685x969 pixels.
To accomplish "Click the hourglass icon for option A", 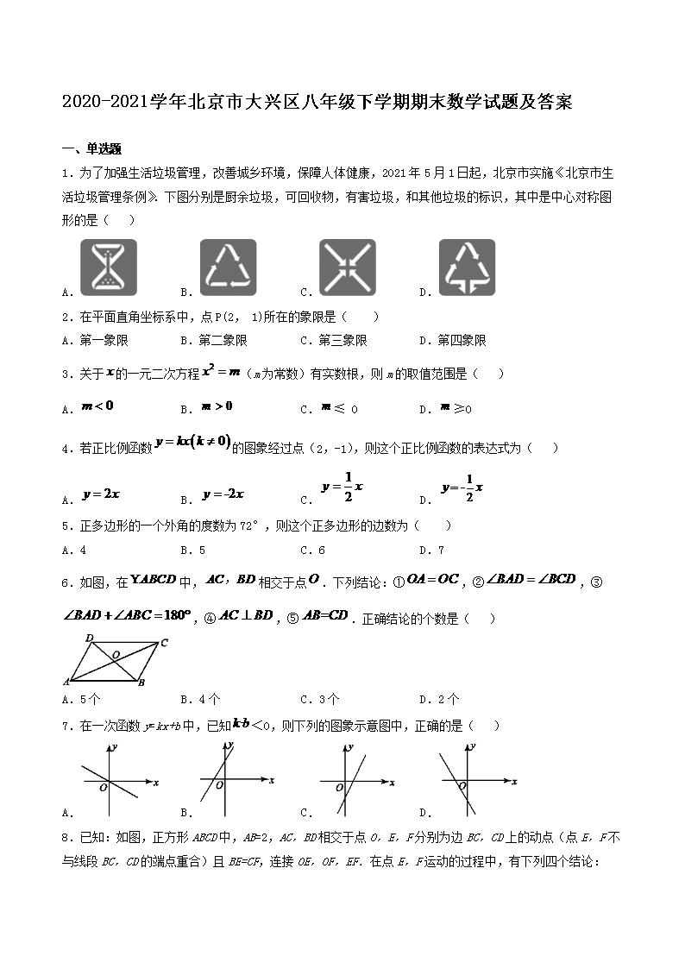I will [x=110, y=267].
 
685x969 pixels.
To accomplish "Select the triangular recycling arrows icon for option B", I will [x=229, y=267].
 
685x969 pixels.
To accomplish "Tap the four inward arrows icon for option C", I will [x=348, y=267].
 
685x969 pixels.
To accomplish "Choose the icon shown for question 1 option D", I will [x=467, y=267].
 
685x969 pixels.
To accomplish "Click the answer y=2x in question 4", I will [x=101, y=494].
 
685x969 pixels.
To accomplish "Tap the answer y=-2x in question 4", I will [x=223, y=494].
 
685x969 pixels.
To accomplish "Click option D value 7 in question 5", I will [x=440, y=550].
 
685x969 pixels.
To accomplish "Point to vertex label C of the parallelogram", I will [x=163, y=642].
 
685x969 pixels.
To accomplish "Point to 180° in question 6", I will [x=175, y=616].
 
